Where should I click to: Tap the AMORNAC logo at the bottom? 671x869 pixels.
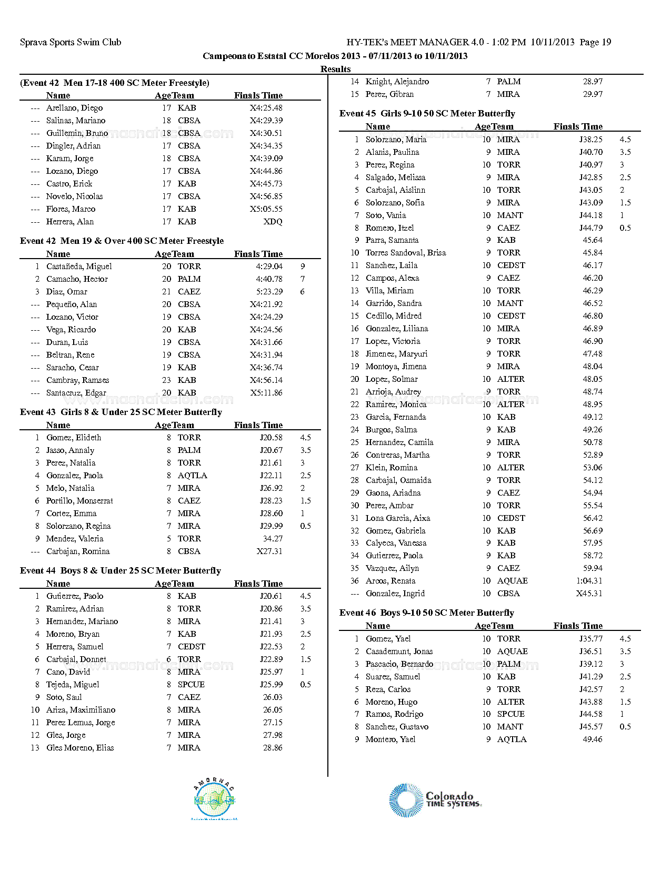214,800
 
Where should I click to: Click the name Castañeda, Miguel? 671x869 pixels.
79,266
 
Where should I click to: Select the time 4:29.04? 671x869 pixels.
269,266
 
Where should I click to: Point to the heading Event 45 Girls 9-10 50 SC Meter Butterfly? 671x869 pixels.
427,113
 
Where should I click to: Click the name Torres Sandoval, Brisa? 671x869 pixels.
405,253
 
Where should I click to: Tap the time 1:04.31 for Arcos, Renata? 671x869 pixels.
589,581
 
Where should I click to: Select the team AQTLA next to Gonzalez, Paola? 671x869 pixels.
192,476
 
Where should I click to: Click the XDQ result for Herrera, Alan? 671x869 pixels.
273,222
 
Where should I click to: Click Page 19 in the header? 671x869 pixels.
595,42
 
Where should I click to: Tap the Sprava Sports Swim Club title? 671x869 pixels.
71,42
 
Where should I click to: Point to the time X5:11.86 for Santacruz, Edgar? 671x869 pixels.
266,393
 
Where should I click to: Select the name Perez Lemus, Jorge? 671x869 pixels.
81,723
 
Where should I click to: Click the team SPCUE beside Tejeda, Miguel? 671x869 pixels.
191,685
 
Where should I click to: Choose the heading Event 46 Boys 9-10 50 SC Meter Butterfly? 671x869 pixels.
426,613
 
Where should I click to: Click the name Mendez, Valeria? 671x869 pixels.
75,539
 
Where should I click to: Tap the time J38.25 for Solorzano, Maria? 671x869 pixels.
591,140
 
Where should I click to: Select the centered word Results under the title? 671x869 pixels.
335,69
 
